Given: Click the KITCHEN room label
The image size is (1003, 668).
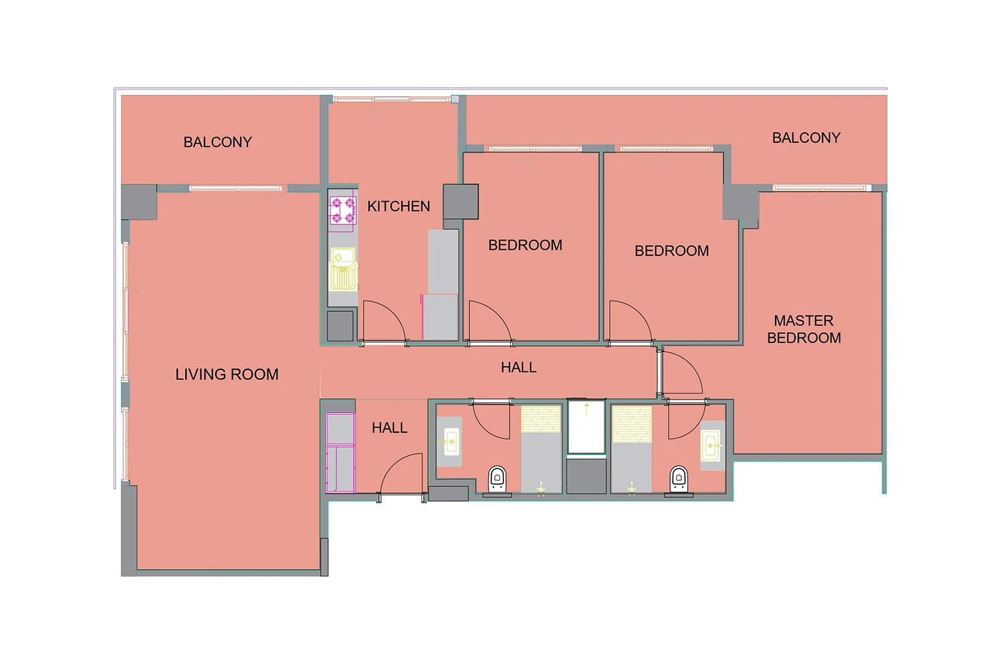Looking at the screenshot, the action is coord(399,206).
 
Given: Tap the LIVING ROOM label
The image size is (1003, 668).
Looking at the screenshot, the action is coord(227,375).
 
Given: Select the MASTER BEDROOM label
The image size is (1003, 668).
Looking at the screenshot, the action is coord(804,329).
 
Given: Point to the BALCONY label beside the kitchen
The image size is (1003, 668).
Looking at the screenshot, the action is coord(217,142).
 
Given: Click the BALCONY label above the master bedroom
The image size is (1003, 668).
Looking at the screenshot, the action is coord(806,138).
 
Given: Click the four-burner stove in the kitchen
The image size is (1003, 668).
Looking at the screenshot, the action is coord(343,210).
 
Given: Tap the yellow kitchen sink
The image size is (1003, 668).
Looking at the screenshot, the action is coord(344,269).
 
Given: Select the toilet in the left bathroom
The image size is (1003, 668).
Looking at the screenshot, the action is coord(497,479).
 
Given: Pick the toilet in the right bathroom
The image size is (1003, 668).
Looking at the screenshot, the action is coord(679,479).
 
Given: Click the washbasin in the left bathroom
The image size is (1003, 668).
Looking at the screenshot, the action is coord(451,442).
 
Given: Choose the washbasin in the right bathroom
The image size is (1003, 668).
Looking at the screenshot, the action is coord(711,446).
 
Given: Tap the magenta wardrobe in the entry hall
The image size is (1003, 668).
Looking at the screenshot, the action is coord(340,453).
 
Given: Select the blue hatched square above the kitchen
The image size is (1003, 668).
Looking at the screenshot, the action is coord(455,99).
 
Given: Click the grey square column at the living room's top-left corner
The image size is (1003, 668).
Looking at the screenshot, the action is coord(139,202).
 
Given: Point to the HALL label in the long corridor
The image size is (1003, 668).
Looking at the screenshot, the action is coord(518,367).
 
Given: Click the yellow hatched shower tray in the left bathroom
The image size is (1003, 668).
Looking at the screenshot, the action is coord(541,419).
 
